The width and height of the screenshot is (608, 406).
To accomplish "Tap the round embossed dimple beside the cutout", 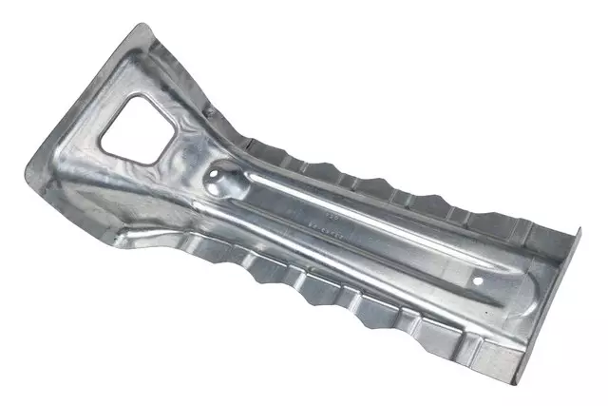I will [220, 178].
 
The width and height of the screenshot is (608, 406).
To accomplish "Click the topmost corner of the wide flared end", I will [142, 26].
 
